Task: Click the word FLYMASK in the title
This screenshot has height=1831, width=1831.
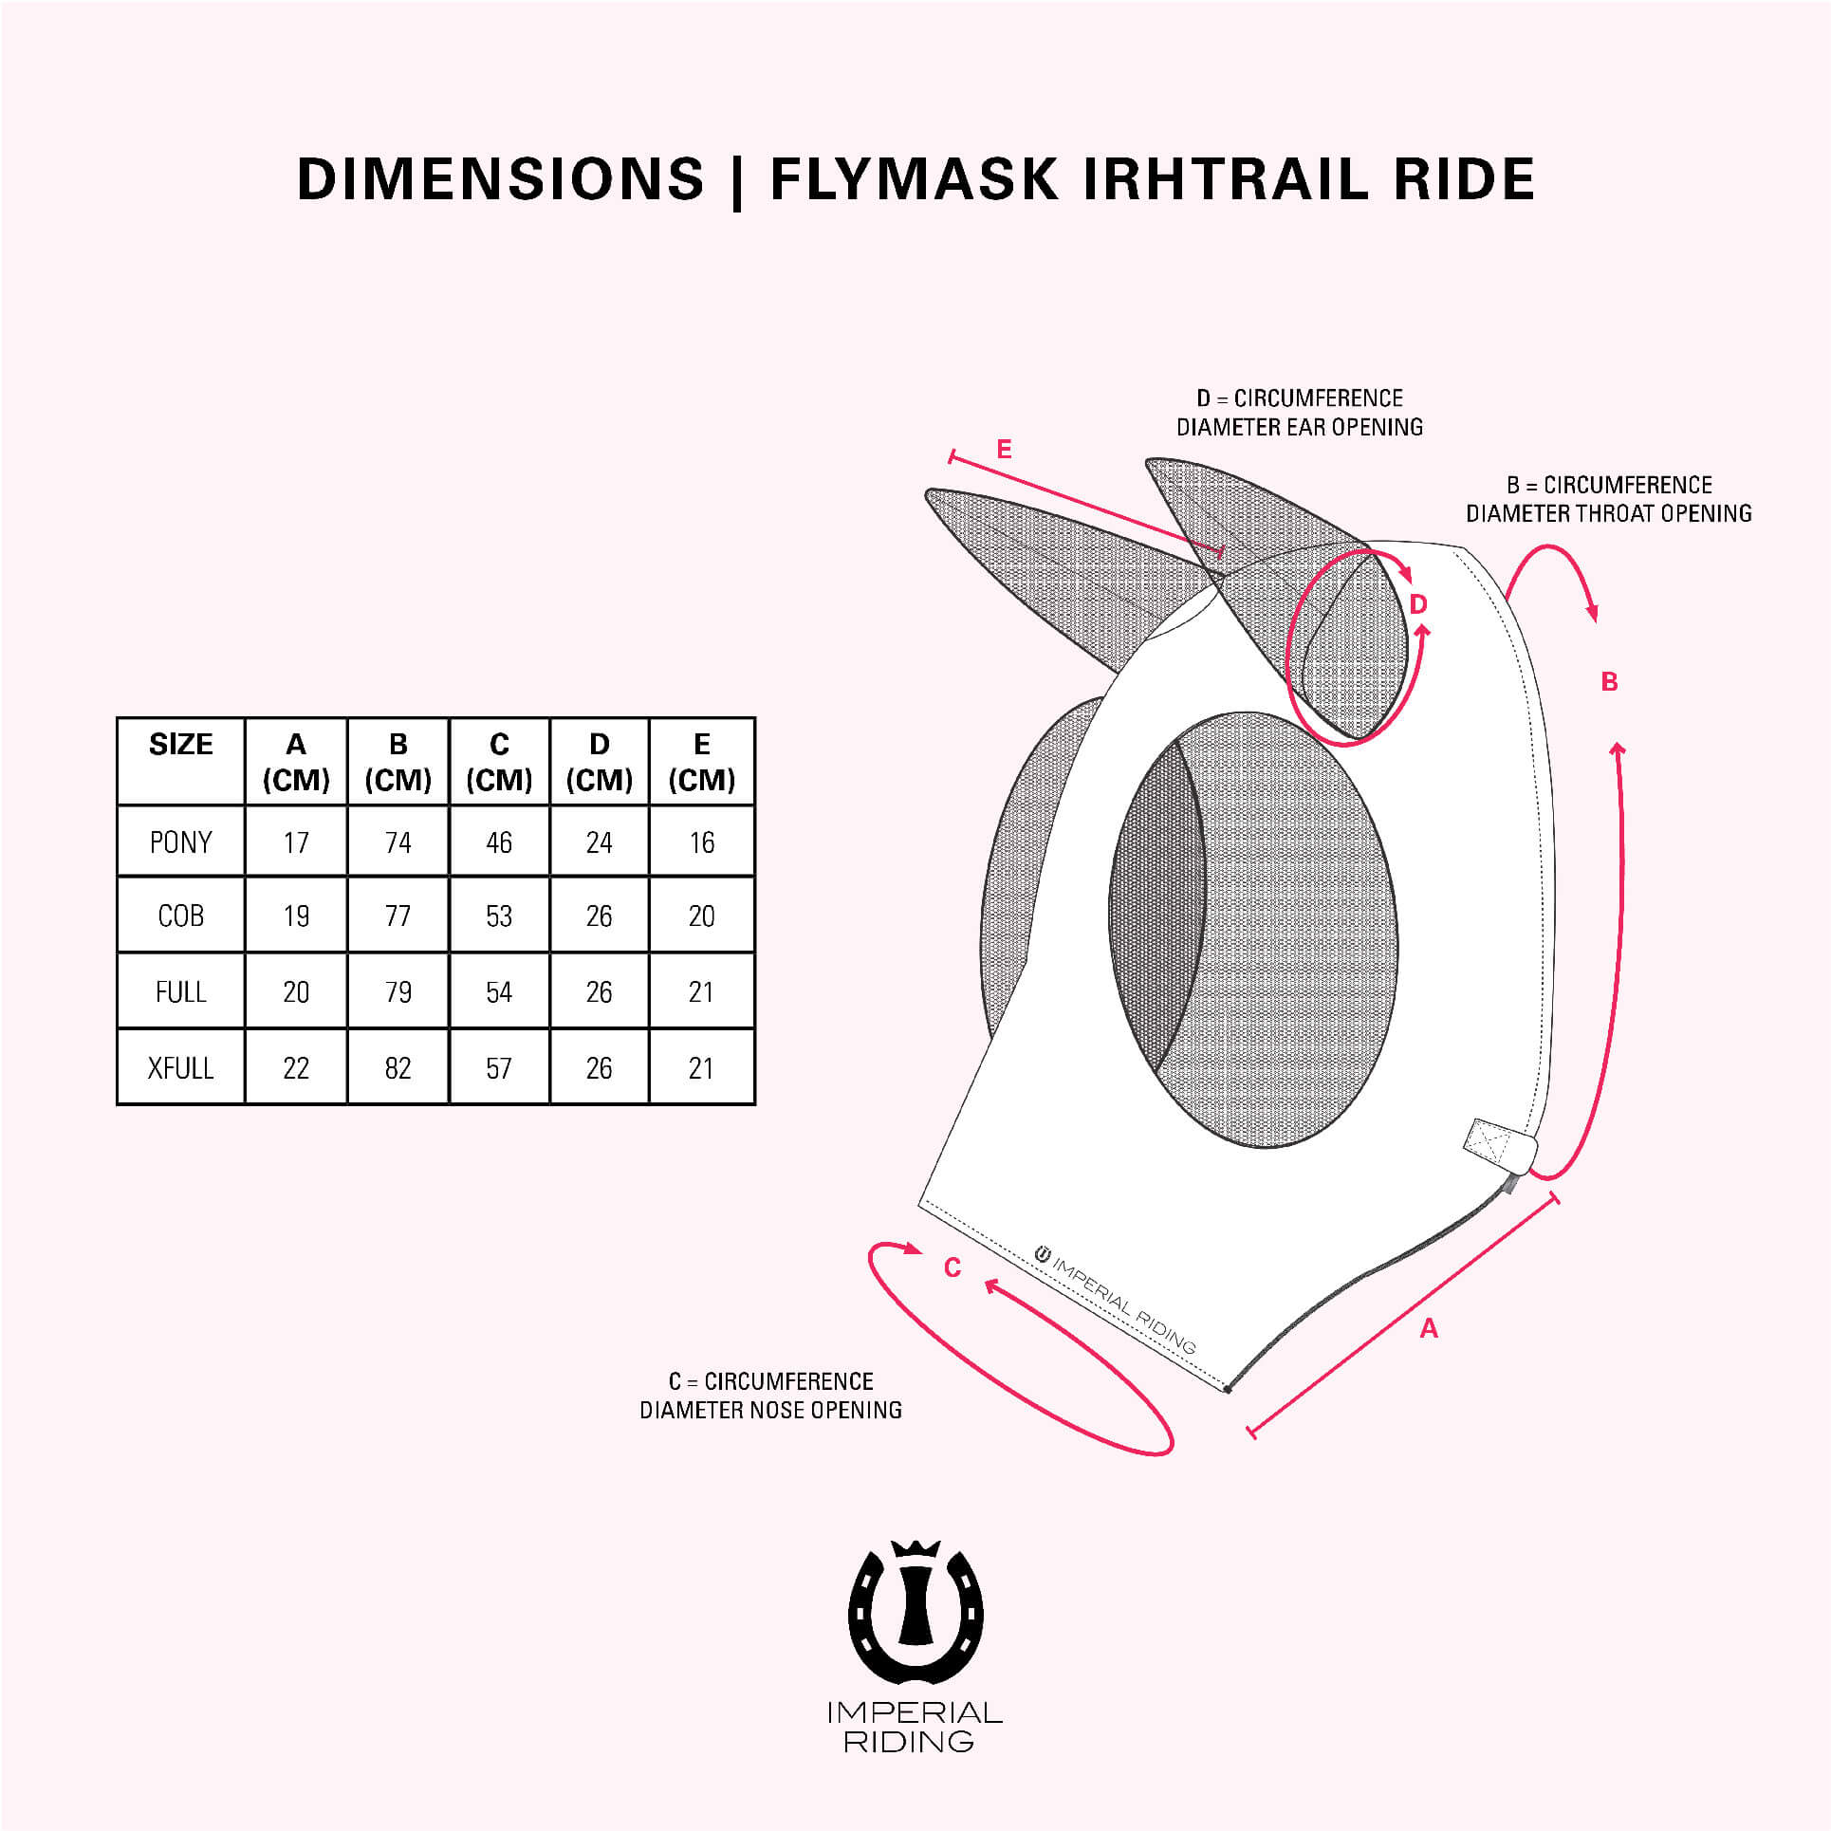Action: [914, 179]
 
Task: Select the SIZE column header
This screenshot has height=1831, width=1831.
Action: [180, 745]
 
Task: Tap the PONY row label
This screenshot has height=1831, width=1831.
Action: [180, 842]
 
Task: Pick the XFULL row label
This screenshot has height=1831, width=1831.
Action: [180, 1068]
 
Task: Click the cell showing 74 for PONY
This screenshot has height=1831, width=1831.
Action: [398, 842]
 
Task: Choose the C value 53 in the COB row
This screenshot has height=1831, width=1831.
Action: [499, 916]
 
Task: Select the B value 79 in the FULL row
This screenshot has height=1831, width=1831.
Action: [398, 992]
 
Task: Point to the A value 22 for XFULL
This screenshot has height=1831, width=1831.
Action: [296, 1068]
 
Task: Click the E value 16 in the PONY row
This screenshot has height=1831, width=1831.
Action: [702, 842]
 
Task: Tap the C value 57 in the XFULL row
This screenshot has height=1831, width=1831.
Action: [499, 1068]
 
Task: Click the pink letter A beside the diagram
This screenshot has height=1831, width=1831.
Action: [1429, 1329]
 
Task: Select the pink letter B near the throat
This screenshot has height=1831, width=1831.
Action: [1609, 682]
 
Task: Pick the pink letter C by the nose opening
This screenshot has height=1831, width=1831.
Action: [952, 1267]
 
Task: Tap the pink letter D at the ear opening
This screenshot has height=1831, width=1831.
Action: [1418, 604]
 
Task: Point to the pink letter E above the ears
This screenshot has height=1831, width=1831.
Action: [1004, 449]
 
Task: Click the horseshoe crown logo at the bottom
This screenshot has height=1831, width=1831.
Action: [915, 1613]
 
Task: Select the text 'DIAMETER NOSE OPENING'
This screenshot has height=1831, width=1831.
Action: [770, 1411]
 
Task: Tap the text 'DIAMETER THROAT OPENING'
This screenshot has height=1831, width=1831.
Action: [1608, 514]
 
